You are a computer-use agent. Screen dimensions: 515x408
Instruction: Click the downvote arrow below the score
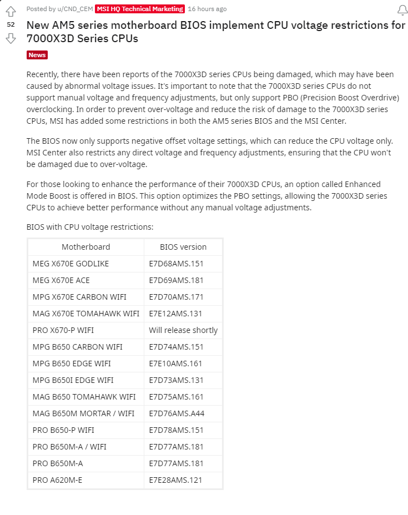(x=11, y=38)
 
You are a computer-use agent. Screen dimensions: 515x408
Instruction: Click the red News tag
(x=37, y=55)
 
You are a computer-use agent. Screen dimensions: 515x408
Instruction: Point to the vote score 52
(x=11, y=24)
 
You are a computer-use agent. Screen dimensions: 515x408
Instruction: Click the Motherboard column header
(x=85, y=247)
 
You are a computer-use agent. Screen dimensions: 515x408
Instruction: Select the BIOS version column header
(x=183, y=247)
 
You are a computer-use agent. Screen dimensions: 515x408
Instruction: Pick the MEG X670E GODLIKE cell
(x=70, y=264)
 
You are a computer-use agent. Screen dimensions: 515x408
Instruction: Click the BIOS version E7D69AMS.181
(x=176, y=280)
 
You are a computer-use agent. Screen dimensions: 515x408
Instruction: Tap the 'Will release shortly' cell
(x=183, y=330)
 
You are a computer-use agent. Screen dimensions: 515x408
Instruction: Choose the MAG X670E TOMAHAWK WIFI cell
(x=85, y=314)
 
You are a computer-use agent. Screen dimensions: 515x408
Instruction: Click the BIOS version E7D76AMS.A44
(x=176, y=413)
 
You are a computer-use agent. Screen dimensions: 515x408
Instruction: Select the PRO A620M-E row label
(x=57, y=480)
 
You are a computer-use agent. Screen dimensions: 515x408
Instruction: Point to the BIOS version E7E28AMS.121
(x=176, y=480)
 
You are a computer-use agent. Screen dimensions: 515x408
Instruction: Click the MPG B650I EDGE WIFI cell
(x=73, y=380)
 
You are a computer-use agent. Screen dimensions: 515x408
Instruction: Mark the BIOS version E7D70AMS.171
(x=176, y=297)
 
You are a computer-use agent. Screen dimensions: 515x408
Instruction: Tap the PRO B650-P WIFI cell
(x=63, y=430)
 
